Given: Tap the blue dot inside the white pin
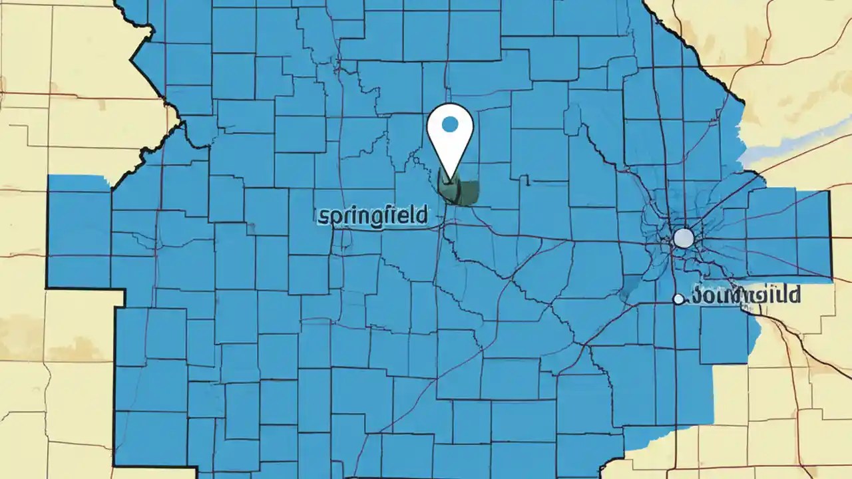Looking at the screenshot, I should (x=450, y=124).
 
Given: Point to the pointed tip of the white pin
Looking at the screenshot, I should (x=451, y=180).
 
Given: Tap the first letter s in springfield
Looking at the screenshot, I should (x=323, y=216).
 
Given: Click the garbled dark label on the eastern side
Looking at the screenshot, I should (x=745, y=294).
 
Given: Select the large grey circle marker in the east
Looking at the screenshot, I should (x=684, y=238).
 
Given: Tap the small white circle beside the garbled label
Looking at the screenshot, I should (x=678, y=299).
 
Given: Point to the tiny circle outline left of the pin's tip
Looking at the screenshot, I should (x=416, y=160).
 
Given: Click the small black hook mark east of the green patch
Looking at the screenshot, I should (x=527, y=180).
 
